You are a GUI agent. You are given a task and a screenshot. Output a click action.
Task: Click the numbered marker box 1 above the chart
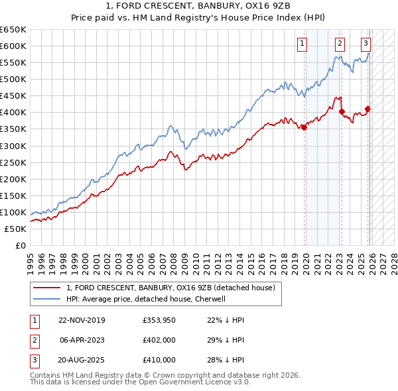pyautogui.click(x=302, y=44)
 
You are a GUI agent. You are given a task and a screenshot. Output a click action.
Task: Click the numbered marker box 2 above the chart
pyautogui.click(x=340, y=44)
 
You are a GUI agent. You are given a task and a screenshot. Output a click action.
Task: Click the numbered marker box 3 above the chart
pyautogui.click(x=365, y=44)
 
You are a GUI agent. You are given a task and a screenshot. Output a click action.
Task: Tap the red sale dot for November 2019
pyautogui.click(x=304, y=127)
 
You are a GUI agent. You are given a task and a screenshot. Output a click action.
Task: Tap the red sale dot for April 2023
pyautogui.click(x=342, y=111)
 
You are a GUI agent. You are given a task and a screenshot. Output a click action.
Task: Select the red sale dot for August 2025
pyautogui.click(x=368, y=109)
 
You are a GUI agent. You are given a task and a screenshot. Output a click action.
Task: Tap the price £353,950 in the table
pyautogui.click(x=159, y=320)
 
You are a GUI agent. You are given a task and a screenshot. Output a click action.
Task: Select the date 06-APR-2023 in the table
pyautogui.click(x=82, y=340)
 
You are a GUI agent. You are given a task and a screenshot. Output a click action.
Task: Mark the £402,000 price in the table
pyautogui.click(x=159, y=340)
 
